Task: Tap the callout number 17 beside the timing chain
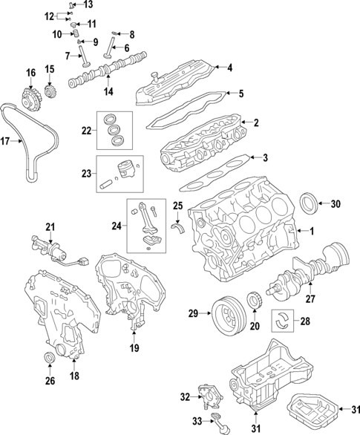tap(6, 140)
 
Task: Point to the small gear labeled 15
tap(51, 94)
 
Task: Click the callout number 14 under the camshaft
tap(108, 92)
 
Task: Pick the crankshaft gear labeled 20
tap(255, 302)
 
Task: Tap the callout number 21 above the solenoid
tap(50, 226)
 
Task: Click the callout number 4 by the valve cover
tap(229, 68)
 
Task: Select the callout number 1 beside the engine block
tap(312, 232)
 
